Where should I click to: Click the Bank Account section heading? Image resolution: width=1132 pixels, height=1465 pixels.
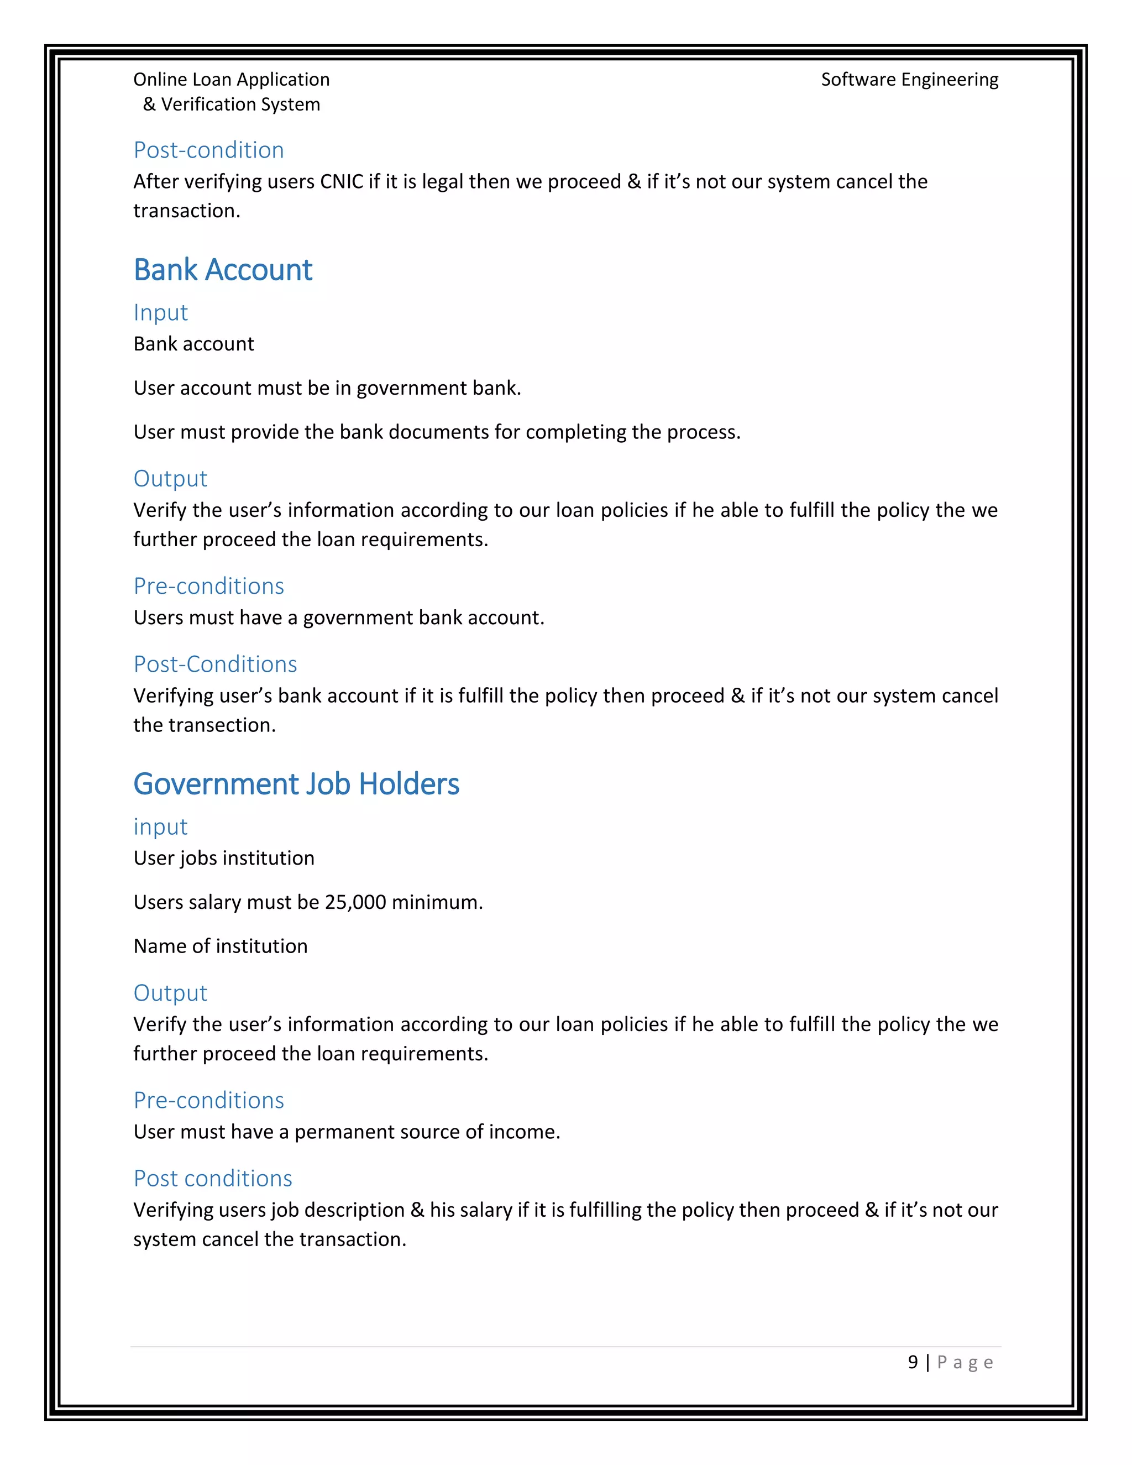[223, 270]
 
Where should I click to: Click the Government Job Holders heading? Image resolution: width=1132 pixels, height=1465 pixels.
[296, 784]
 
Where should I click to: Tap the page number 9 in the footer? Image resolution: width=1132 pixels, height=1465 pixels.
[912, 1362]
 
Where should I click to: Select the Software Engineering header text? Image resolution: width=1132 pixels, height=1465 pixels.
[909, 80]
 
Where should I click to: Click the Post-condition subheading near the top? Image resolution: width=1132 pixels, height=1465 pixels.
[208, 150]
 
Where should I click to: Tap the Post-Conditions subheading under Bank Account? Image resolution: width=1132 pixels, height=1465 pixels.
[214, 664]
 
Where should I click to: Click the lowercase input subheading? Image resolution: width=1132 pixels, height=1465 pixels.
[160, 826]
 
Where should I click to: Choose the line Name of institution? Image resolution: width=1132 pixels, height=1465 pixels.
[220, 946]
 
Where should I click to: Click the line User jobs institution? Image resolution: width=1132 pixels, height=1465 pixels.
[223, 858]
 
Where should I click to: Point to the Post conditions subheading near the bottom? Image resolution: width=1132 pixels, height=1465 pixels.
[213, 1179]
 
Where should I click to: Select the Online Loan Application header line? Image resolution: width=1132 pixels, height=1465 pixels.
[232, 80]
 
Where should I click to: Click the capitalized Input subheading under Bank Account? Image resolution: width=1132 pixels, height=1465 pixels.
[160, 312]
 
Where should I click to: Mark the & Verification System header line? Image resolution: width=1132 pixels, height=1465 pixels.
[232, 104]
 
